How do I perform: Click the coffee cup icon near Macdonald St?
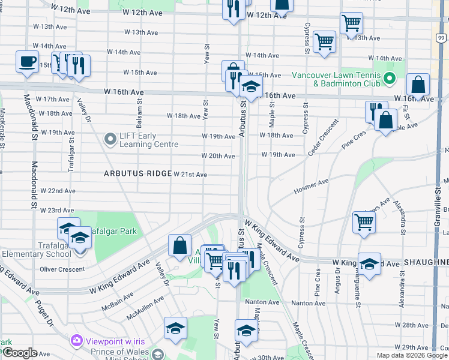point(27,62)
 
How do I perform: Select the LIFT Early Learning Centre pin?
point(110,140)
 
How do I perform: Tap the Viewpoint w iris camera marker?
point(76,341)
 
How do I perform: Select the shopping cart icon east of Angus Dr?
point(364,222)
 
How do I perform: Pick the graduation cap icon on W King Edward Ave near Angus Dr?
point(369,264)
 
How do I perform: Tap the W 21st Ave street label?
point(190,175)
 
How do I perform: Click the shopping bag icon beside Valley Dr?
point(180,245)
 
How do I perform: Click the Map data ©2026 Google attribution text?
point(411,355)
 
